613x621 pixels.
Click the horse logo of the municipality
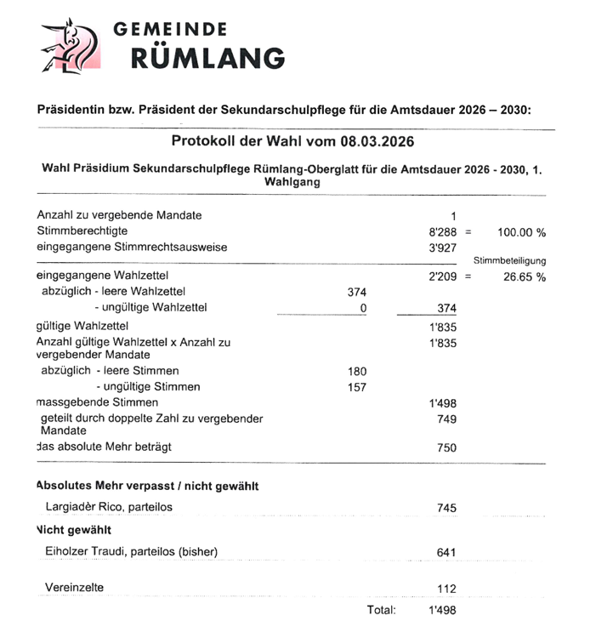point(71,47)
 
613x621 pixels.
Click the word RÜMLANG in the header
point(207,58)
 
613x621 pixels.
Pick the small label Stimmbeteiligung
point(509,261)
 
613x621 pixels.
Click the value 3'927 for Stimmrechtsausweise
point(443,248)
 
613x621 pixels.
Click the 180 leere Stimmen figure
point(356,371)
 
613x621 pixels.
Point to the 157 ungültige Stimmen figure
point(356,387)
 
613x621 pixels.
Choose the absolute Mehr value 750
point(446,447)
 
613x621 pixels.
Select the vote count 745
point(446,508)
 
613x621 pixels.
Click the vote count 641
point(446,552)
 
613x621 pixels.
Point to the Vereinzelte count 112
point(446,589)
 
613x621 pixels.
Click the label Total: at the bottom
point(381,610)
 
